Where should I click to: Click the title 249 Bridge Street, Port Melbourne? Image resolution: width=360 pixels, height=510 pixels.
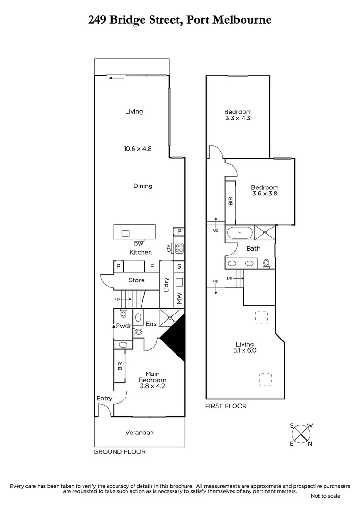[x=180, y=20]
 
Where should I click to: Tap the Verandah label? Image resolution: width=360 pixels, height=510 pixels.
[x=140, y=433]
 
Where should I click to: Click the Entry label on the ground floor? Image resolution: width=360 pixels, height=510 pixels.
[x=104, y=399]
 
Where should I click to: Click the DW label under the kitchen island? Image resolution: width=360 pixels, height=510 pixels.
[x=138, y=244]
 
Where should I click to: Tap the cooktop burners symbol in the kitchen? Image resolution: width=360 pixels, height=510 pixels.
[x=179, y=248]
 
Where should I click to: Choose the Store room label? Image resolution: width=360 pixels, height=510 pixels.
[x=136, y=280]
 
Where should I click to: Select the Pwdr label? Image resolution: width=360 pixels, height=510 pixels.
[x=123, y=326]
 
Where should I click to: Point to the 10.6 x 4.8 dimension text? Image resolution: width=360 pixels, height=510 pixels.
[x=137, y=148]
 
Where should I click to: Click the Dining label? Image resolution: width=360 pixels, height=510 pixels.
[x=142, y=186]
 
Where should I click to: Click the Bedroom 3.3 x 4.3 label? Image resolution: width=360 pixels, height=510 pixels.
[x=237, y=115]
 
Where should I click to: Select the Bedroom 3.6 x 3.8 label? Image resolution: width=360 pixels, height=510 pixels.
[x=265, y=190]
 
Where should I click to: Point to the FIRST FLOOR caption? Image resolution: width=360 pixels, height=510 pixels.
[x=226, y=406]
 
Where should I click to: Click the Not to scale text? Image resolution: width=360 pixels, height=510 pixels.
[x=326, y=496]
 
